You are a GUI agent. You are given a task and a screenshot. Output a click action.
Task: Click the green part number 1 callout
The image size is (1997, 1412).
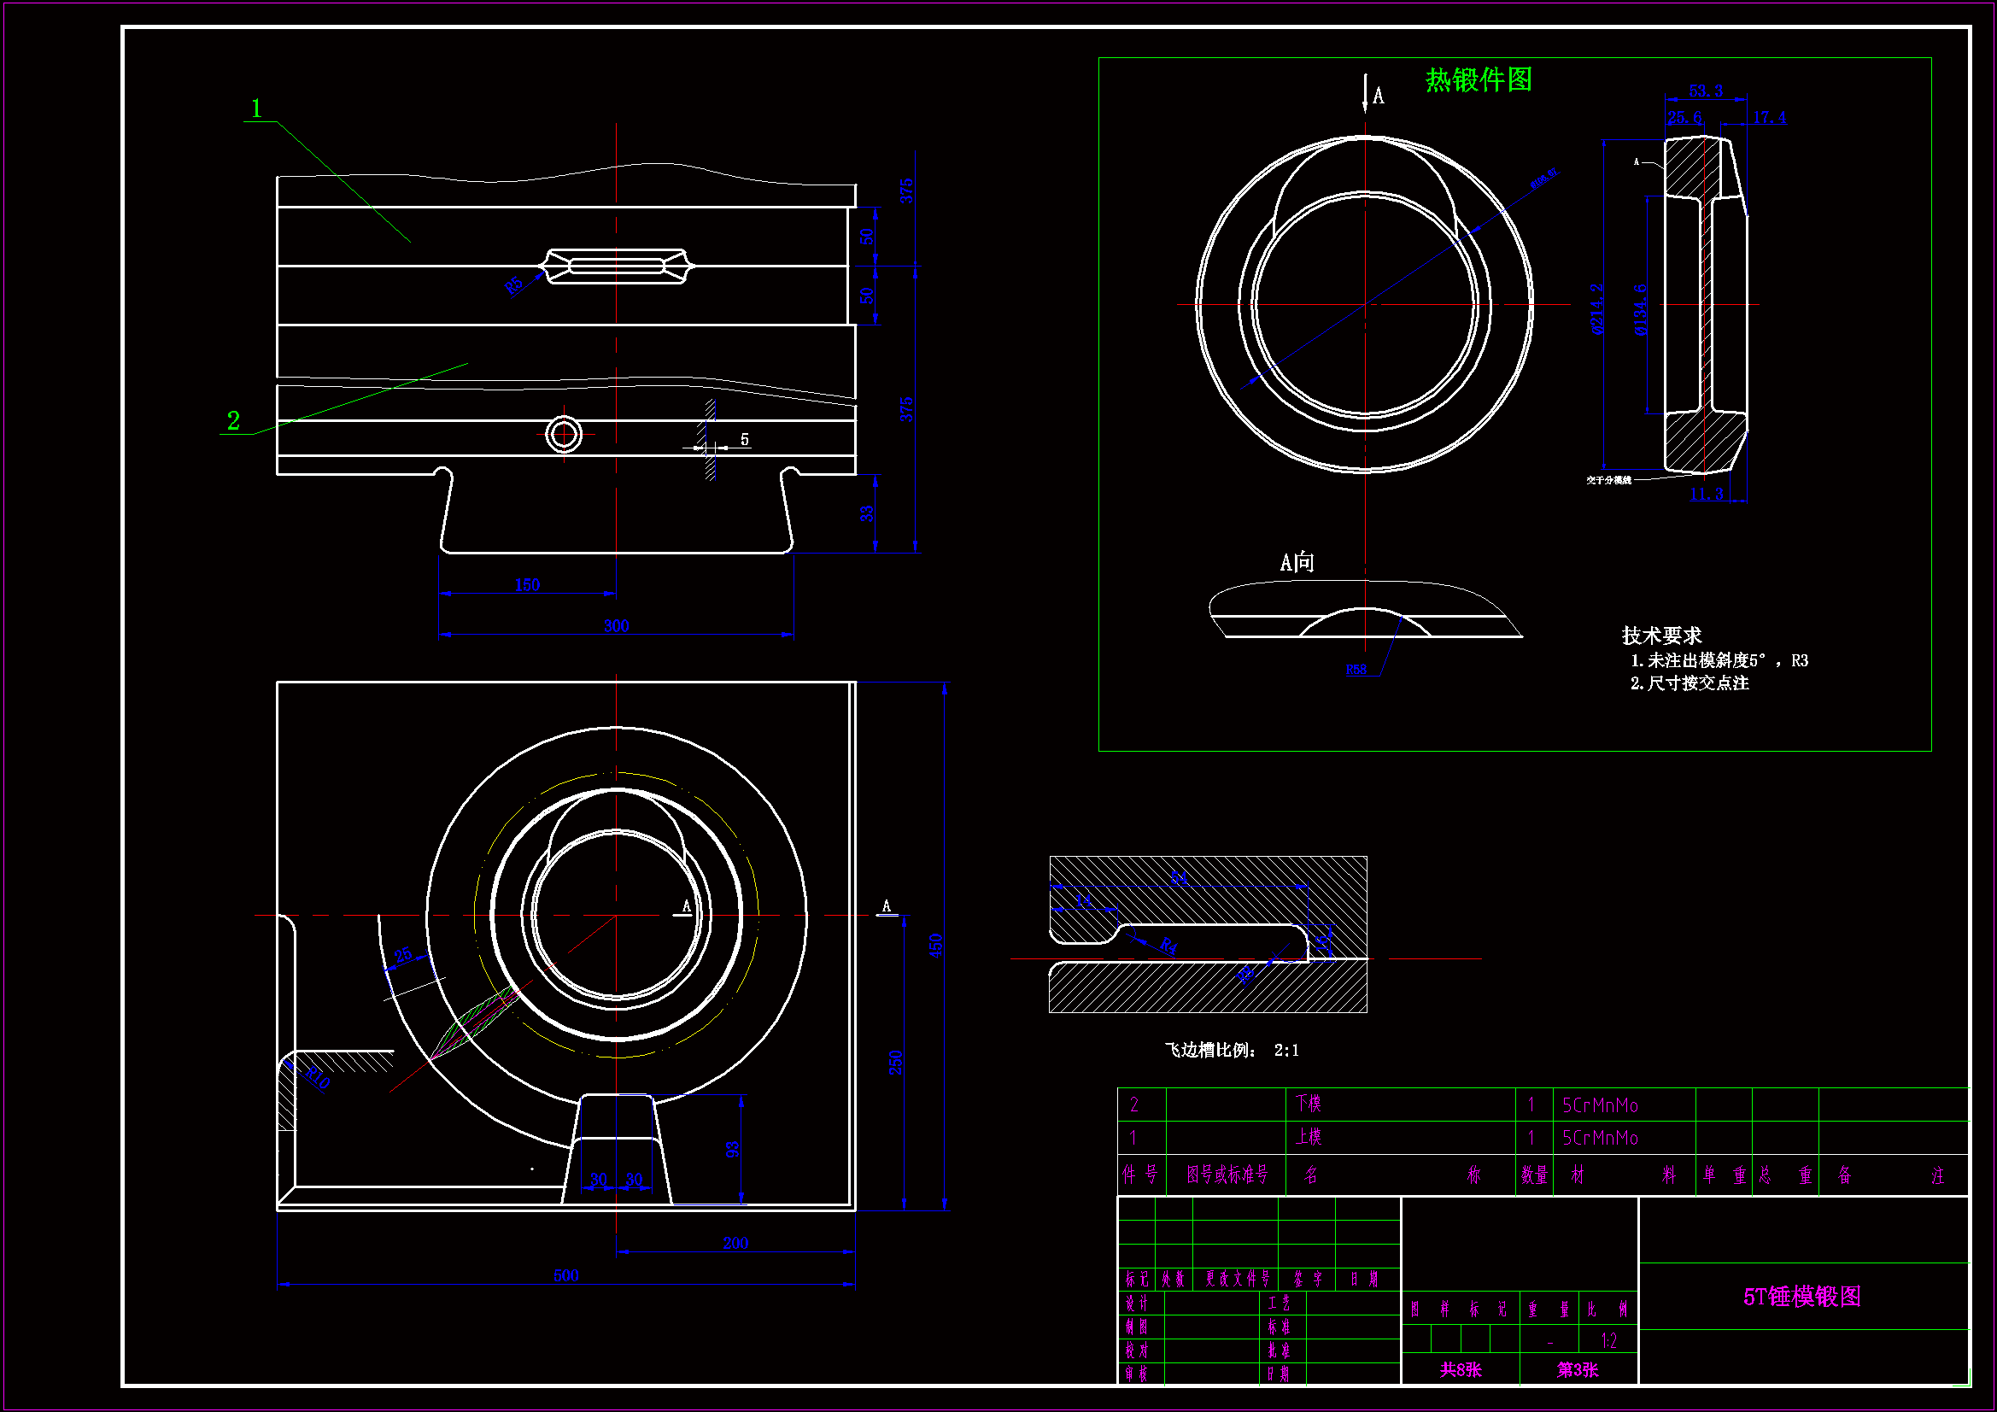tap(255, 108)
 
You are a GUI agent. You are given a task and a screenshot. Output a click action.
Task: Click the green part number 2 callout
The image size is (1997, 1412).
tap(233, 421)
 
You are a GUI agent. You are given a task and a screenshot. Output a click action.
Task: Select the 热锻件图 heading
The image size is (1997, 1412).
tap(1478, 80)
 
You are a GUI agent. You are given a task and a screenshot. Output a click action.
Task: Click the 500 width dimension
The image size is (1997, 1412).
tap(566, 1275)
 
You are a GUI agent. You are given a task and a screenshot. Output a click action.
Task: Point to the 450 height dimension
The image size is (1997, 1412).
tap(936, 946)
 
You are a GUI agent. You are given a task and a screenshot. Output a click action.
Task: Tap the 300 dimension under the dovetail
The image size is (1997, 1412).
tap(616, 625)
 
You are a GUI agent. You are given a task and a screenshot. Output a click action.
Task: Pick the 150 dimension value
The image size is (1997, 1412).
tap(527, 584)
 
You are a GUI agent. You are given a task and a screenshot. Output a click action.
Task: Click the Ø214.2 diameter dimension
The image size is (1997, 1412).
tap(1597, 309)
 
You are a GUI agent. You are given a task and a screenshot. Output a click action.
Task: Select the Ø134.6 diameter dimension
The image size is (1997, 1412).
tap(1639, 309)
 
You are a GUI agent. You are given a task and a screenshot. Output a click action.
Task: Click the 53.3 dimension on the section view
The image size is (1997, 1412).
tap(1706, 91)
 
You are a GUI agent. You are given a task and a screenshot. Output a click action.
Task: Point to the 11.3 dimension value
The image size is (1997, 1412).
tap(1706, 494)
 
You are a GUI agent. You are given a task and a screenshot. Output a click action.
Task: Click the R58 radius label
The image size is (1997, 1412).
tap(1356, 670)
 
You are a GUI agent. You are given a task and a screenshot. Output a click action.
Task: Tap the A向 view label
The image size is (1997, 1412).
tap(1296, 563)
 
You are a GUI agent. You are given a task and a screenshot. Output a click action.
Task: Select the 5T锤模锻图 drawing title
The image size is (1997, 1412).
tap(1801, 1297)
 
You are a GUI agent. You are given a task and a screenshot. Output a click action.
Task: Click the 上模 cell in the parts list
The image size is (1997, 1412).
tap(1309, 1137)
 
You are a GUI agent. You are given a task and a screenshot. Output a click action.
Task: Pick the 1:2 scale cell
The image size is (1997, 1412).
tap(1608, 1340)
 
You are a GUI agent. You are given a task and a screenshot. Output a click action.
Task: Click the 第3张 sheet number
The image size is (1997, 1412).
tap(1577, 1370)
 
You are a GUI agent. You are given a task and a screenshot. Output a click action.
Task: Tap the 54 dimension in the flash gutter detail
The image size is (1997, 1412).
tap(1179, 879)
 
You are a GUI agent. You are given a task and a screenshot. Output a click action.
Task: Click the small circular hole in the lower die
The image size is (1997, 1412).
tap(564, 434)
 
